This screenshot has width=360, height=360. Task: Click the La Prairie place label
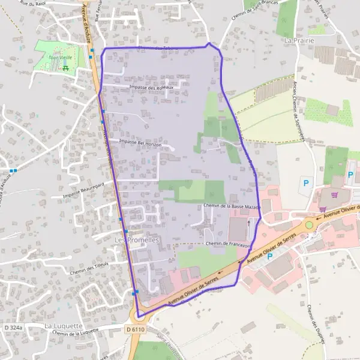[x=299, y=40]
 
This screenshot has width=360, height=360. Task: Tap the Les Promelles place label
[x=136, y=240]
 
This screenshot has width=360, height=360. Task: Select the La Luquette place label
[x=63, y=326]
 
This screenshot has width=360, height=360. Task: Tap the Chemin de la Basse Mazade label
[x=232, y=206]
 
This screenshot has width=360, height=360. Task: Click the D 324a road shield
[x=13, y=328]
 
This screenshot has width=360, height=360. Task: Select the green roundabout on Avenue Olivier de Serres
[x=309, y=225]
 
